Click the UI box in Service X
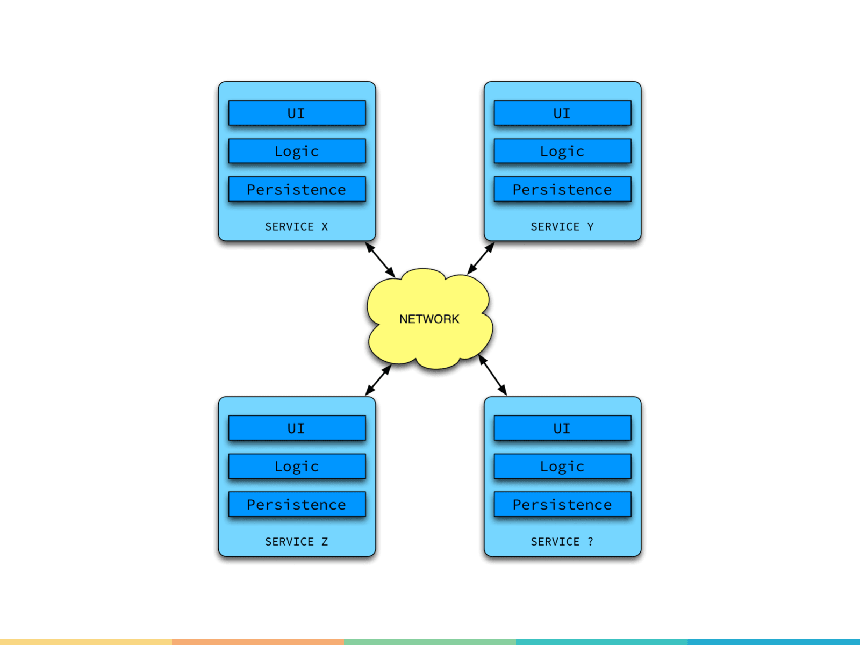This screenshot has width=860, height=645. [x=297, y=113]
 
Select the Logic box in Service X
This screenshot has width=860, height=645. [x=297, y=151]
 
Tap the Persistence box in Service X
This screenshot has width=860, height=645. [x=297, y=189]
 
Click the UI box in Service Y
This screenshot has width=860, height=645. [x=562, y=113]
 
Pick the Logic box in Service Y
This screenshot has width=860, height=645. [x=562, y=151]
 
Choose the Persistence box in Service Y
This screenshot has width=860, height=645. [x=562, y=189]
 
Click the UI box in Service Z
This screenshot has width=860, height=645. [x=297, y=428]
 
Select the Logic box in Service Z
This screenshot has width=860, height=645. [x=297, y=466]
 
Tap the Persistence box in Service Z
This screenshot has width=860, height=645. [x=297, y=504]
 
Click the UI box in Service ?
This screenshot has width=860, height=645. [x=562, y=428]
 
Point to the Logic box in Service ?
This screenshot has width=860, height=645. [x=562, y=466]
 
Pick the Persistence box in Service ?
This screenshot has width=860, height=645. [x=562, y=504]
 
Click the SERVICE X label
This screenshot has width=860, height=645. [x=296, y=227]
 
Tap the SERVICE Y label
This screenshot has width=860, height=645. [x=562, y=227]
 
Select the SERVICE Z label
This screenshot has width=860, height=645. [x=296, y=542]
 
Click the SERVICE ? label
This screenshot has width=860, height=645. [x=562, y=542]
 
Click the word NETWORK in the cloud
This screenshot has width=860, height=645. [x=429, y=319]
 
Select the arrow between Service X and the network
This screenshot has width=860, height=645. [x=380, y=260]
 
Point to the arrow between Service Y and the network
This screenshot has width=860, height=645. [x=481, y=259]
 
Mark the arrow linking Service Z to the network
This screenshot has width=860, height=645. [x=378, y=380]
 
